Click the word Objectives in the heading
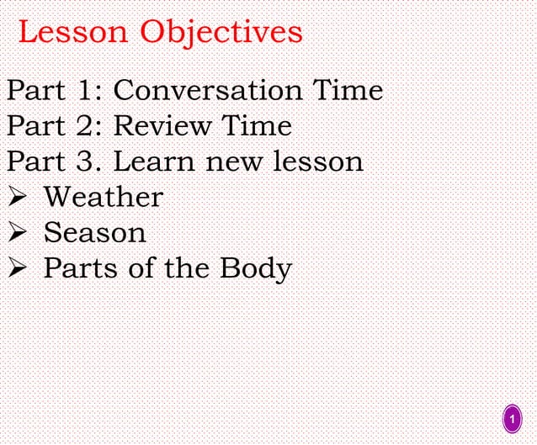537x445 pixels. pos(221,33)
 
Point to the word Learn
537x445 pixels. pos(152,162)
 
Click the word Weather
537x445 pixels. pos(103,197)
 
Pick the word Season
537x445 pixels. pos(94,232)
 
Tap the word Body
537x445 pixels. pos(256,269)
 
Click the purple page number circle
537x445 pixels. pos(512,419)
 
